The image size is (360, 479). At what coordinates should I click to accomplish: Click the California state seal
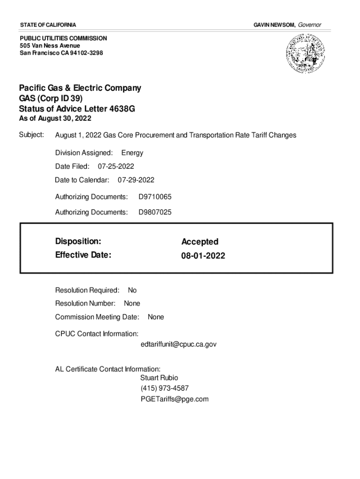pos(303,55)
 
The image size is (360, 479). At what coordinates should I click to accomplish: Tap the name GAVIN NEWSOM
pos(274,24)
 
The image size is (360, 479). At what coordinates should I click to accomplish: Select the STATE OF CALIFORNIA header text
pos(48,24)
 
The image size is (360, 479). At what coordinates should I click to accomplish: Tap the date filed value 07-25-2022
pos(116,166)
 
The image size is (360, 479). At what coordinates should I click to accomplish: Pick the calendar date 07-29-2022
pos(136,180)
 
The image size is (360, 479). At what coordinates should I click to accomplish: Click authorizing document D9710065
pos(155,197)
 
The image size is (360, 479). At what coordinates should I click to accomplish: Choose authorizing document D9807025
pos(155,212)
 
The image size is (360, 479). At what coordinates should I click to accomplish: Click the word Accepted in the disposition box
pos(200,242)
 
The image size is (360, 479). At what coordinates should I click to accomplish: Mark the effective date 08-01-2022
pos(203,256)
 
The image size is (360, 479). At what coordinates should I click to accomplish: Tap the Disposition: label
pos(78,241)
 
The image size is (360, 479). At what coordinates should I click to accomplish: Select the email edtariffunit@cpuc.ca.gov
pos(178,344)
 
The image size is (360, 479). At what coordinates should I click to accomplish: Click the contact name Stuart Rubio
pos(159,377)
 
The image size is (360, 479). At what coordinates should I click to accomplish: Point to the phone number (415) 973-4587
pos(165,388)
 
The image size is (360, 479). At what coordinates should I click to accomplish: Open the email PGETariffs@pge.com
pos(174,399)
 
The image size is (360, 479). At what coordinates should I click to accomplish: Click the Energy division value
pos(132,153)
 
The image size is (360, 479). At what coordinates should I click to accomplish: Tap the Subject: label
pos(31,135)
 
